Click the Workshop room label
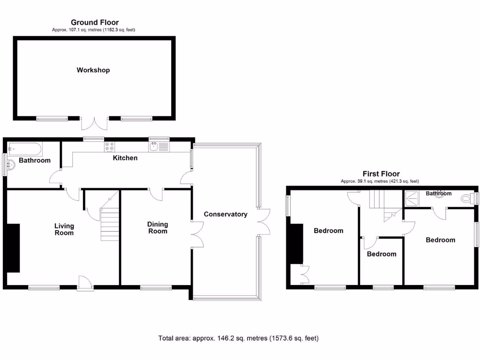click(x=93, y=70)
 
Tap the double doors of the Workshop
click(x=95, y=123)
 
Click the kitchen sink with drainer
click(x=159, y=146)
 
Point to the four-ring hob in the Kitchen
click(x=110, y=147)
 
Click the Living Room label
click(x=64, y=229)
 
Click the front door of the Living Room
click(x=85, y=283)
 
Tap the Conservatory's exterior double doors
click(x=264, y=222)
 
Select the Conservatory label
click(x=225, y=214)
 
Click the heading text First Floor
click(x=380, y=174)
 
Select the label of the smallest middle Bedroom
click(x=382, y=254)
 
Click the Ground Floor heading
click(x=95, y=22)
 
